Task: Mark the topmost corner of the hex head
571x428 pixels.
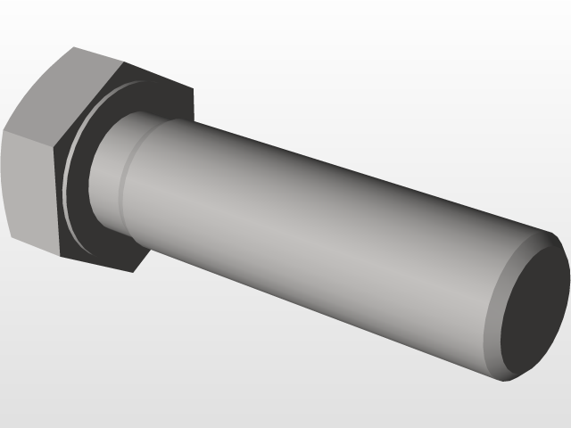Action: (x=73, y=47)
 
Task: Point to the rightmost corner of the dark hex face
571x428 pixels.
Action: (x=194, y=89)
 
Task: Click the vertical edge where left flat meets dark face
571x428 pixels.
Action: (x=58, y=196)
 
